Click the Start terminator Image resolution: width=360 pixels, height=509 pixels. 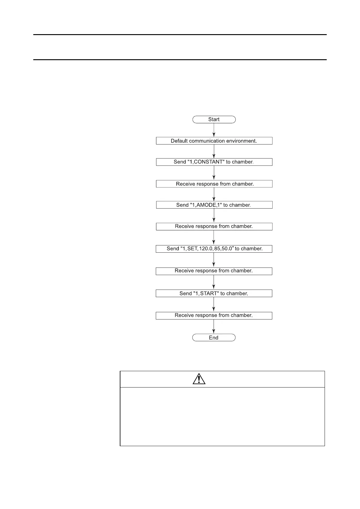tap(214, 119)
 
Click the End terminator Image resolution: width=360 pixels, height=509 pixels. tap(214, 338)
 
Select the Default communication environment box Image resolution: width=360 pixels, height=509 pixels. tap(214, 141)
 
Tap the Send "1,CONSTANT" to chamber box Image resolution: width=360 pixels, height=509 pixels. tap(214, 162)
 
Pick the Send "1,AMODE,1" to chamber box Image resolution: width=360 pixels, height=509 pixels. tap(214, 205)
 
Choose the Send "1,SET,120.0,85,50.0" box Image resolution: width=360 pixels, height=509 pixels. tap(214, 249)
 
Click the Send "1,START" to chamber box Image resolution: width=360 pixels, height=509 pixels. tap(214, 293)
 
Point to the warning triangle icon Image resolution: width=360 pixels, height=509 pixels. tap(199, 379)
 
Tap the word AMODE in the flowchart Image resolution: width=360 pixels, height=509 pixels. tap(207, 205)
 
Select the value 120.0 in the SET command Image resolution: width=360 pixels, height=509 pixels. tap(206, 249)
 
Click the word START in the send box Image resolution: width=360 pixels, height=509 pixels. tap(208, 293)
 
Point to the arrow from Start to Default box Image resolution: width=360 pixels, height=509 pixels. tap(214, 130)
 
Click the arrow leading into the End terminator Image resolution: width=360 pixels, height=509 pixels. tap(214, 327)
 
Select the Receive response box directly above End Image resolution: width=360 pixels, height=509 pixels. tap(214, 316)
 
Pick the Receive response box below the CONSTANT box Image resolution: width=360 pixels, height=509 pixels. tap(214, 184)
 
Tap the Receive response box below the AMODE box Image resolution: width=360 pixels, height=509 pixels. tap(214, 226)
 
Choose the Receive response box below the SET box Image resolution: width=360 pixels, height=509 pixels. tap(214, 271)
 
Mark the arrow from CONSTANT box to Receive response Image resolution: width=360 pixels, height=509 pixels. tap(214, 173)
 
